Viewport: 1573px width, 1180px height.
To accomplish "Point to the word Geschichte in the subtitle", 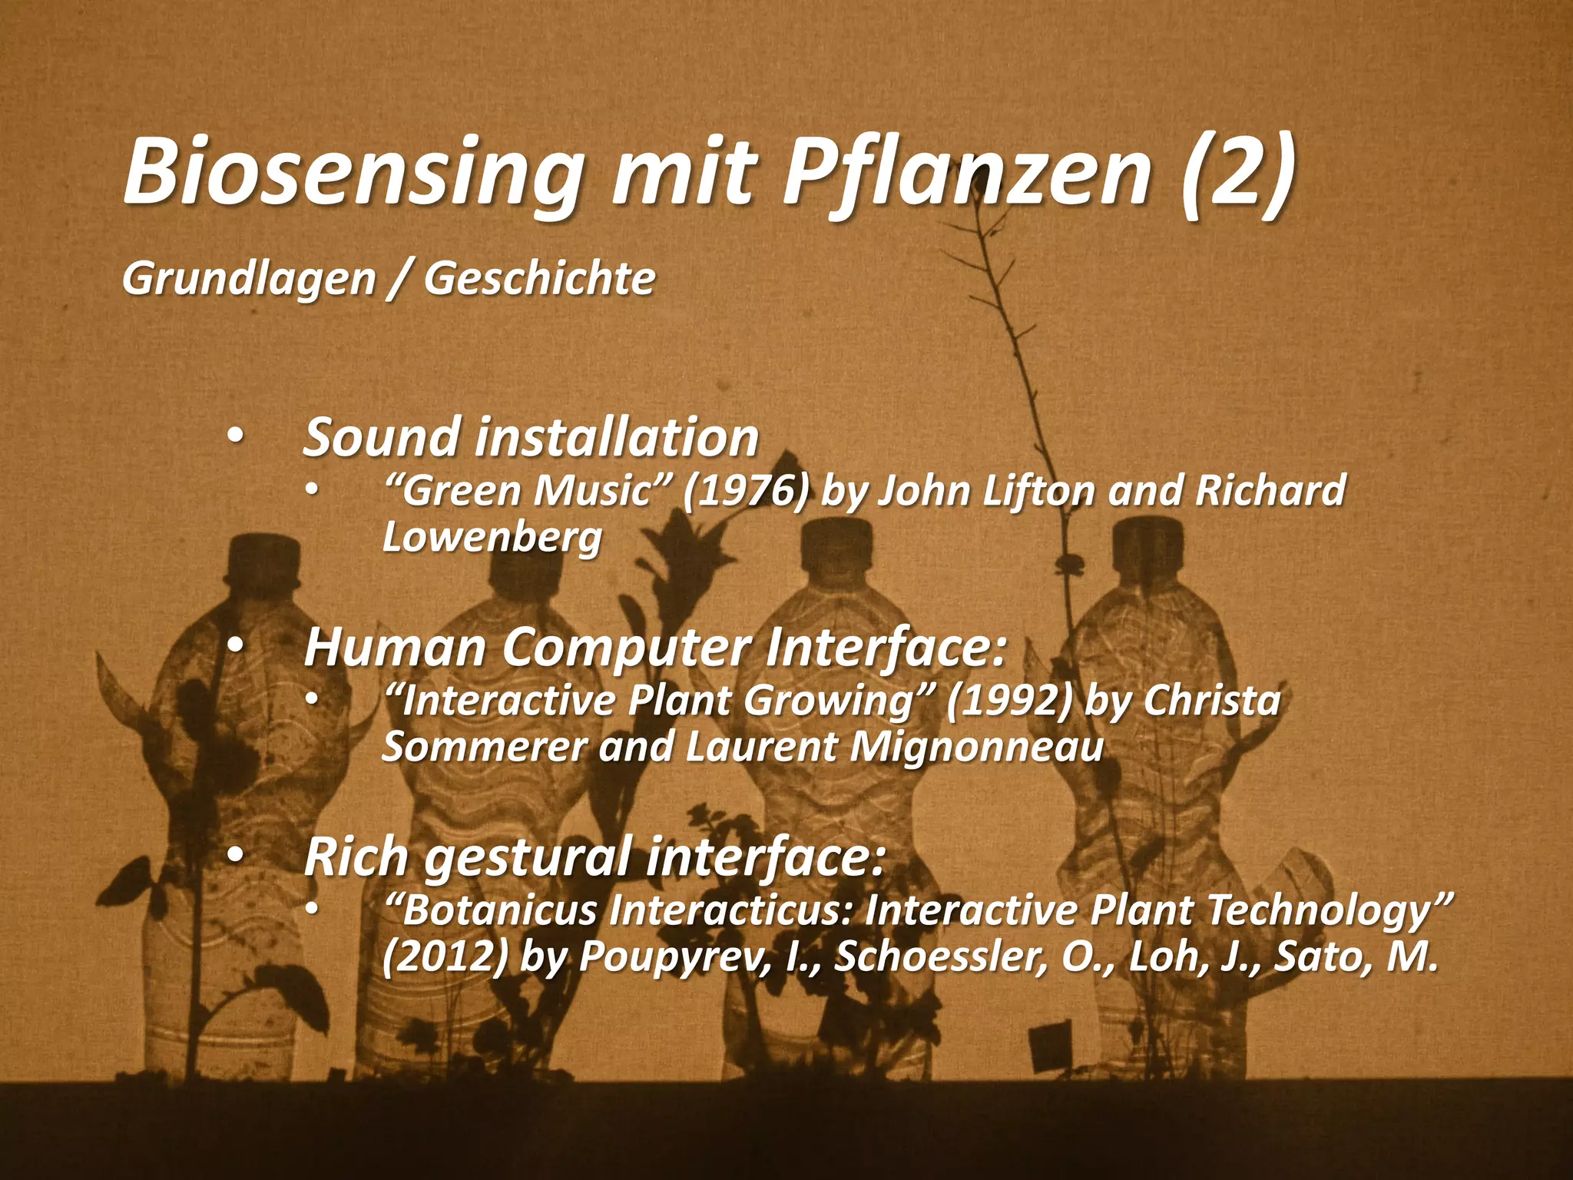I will (539, 279).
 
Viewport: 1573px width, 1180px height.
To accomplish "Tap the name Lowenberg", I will (492, 538).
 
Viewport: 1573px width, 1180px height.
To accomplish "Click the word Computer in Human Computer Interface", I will (627, 648).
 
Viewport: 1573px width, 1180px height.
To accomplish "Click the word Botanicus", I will (499, 913).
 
